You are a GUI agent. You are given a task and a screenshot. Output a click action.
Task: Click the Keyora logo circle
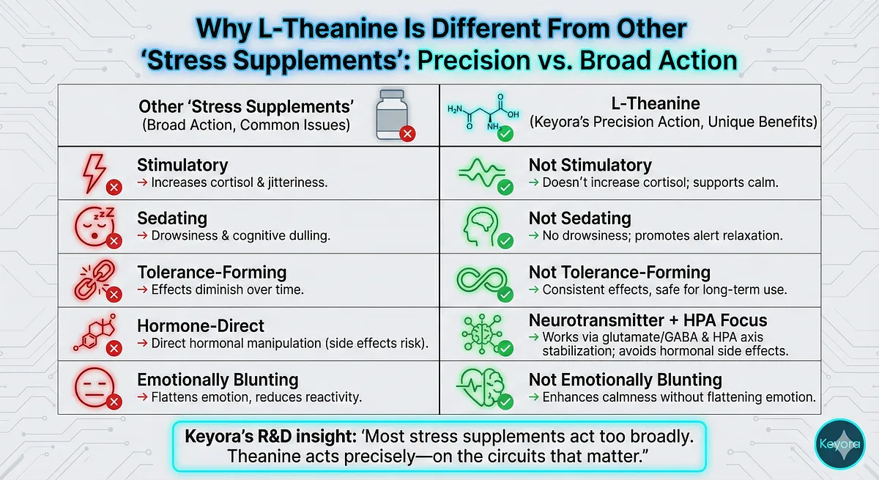[839, 444]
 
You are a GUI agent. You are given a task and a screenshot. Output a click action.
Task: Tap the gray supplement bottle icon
[392, 114]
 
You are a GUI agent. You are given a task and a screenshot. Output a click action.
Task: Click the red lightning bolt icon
[94, 173]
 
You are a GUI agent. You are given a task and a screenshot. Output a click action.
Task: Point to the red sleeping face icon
[95, 226]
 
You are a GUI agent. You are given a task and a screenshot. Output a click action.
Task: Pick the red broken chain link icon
[95, 279]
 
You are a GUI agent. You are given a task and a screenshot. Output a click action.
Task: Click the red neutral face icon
[94, 387]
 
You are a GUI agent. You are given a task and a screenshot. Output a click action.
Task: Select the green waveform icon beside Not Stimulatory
[481, 173]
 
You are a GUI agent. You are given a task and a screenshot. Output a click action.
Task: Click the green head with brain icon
[481, 226]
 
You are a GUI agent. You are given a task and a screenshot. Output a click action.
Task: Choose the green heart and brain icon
[481, 387]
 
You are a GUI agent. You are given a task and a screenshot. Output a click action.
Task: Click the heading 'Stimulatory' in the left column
[182, 165]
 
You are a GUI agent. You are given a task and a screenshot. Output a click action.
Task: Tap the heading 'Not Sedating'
[580, 218]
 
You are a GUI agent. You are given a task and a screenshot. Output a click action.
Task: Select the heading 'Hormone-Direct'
[201, 326]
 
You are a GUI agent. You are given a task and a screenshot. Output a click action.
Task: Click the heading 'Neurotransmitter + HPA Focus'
[648, 320]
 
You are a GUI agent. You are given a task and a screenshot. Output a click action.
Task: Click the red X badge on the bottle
[408, 134]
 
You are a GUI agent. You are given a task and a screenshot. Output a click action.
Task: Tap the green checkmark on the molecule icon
[505, 134]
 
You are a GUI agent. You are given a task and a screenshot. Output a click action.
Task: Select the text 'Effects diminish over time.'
[228, 289]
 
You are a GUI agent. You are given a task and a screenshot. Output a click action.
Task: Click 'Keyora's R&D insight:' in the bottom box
[271, 437]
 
